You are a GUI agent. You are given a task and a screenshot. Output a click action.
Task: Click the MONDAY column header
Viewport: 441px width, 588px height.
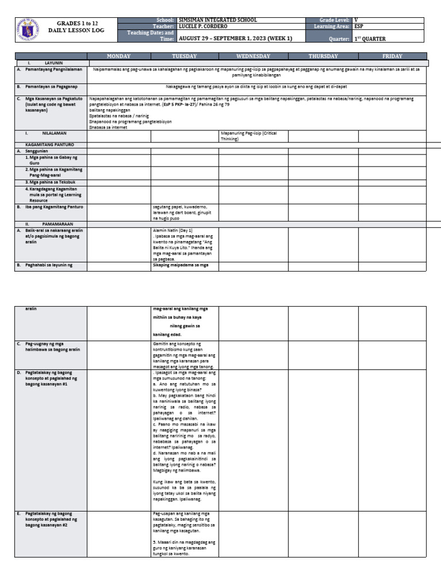[118, 56]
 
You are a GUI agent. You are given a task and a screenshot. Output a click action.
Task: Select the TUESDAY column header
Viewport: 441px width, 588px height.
[184, 56]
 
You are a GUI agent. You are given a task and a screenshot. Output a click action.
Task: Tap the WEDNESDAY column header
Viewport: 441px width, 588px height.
[253, 56]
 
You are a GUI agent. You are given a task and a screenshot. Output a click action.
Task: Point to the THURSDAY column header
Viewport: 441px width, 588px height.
[323, 56]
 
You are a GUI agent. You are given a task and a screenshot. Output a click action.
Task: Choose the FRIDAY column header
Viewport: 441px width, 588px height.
[392, 56]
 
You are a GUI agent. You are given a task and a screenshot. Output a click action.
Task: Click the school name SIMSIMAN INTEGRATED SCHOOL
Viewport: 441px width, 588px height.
[210, 20]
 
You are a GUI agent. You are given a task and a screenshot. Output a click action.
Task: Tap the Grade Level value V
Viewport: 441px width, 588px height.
[357, 20]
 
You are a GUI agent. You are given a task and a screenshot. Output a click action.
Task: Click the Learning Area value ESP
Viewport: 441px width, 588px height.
[359, 26]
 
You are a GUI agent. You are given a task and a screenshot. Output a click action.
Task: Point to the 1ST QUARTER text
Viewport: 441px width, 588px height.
[370, 38]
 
